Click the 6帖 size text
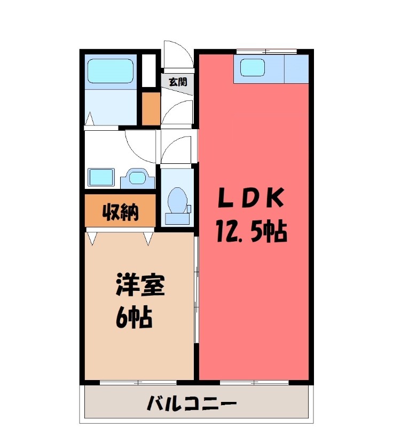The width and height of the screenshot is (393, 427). tap(134, 318)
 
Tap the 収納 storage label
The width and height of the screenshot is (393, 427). tap(121, 212)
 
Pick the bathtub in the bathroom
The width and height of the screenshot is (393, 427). tap(109, 71)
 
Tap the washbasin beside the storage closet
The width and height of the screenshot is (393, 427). tap(137, 176)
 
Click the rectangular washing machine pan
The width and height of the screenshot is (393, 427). tap(101, 176)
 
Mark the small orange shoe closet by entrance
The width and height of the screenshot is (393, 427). tap(151, 108)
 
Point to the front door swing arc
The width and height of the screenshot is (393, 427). tap(176, 53)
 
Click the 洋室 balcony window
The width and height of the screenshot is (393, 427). tap(138, 382)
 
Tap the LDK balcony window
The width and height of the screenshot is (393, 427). tap(254, 382)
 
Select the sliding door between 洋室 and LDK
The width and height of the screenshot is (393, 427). tap(196, 288)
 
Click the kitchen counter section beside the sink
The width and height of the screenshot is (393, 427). tap(296, 68)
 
